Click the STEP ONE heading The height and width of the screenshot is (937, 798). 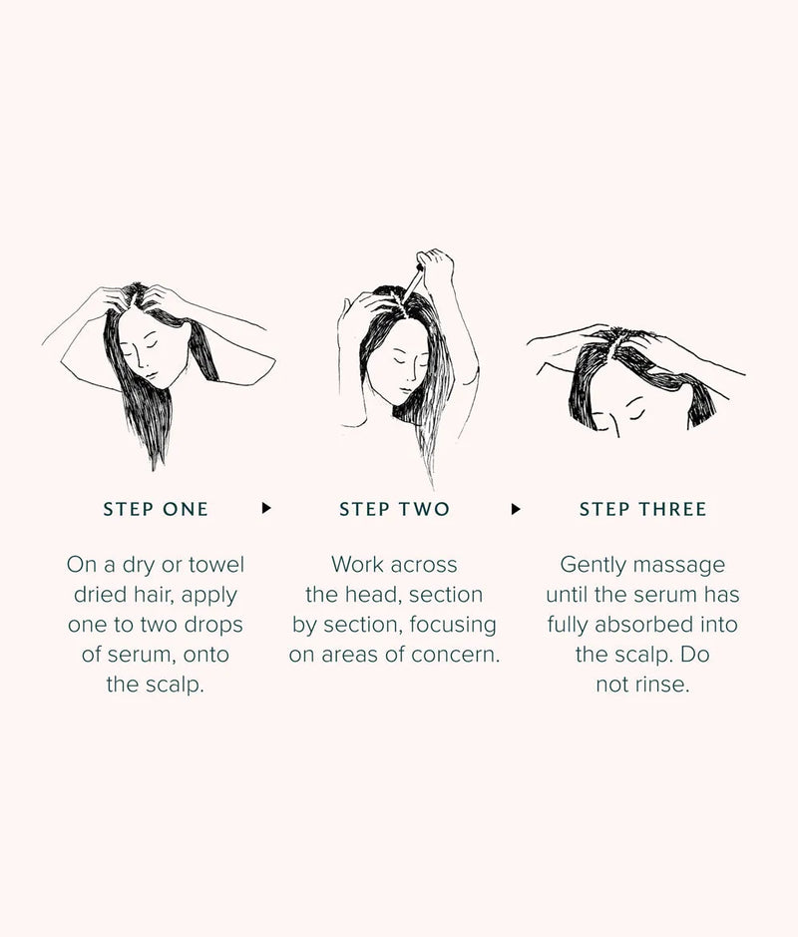click(156, 509)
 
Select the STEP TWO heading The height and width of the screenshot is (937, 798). click(394, 509)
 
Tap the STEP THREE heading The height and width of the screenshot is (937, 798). click(642, 509)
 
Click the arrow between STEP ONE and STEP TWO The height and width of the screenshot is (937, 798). click(266, 508)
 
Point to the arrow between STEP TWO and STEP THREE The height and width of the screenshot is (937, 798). click(516, 508)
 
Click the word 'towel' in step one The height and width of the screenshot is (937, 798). click(216, 565)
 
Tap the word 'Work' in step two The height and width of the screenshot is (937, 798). click(357, 565)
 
